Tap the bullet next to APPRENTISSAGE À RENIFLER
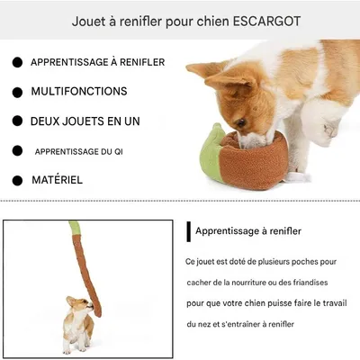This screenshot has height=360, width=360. (x=16, y=62)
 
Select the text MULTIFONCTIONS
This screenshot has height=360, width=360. (x=79, y=92)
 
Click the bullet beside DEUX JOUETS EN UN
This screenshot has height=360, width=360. (x=16, y=121)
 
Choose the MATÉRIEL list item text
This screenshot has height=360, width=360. (x=57, y=180)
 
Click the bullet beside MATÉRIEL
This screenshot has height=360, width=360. (x=16, y=180)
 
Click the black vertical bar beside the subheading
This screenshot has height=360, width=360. (x=188, y=231)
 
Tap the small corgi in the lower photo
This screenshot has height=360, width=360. (x=77, y=322)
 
